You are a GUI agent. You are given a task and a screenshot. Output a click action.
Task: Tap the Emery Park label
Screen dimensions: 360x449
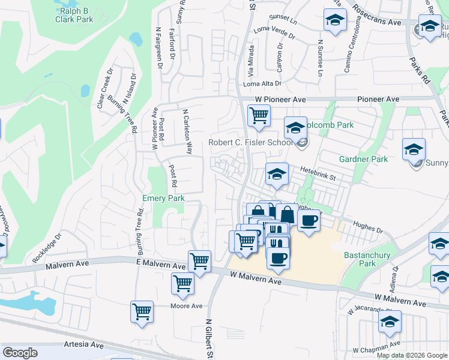(x=163, y=198)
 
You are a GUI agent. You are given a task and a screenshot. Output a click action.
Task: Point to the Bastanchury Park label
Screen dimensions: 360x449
(x=367, y=259)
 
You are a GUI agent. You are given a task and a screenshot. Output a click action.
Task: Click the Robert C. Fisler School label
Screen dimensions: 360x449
(x=250, y=143)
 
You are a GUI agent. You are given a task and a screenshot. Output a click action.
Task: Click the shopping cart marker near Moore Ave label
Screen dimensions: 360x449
(x=183, y=283)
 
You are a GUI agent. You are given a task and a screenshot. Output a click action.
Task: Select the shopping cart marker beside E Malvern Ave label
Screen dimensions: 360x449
(x=200, y=260)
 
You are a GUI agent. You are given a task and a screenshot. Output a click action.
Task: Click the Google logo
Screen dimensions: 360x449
(x=20, y=353)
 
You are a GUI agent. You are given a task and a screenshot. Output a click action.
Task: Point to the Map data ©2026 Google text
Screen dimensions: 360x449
(x=412, y=355)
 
